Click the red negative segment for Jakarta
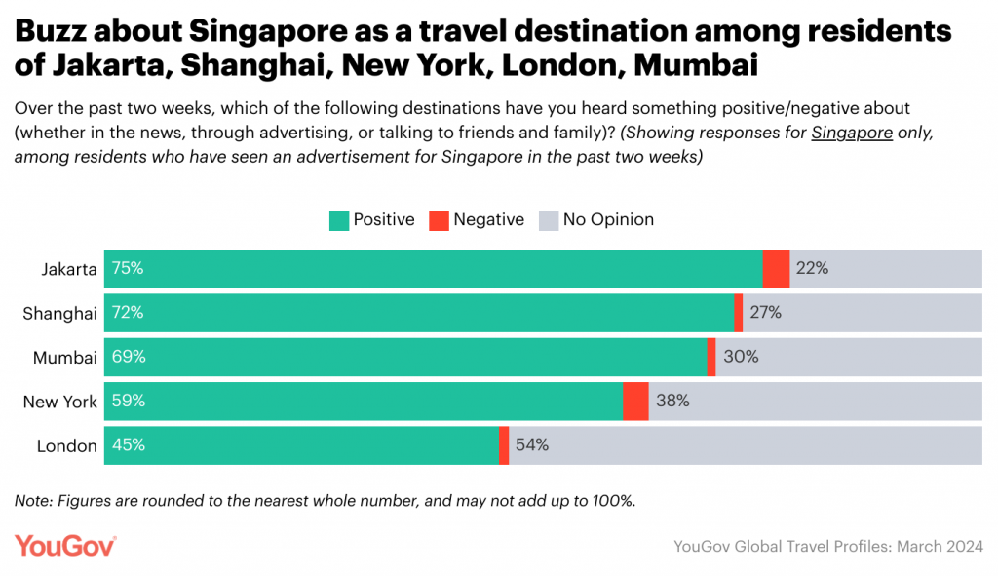(776, 269)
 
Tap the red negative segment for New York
(635, 402)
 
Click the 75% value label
(128, 269)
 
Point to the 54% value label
(532, 445)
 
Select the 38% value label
(672, 402)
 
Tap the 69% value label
(128, 358)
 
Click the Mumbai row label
(65, 358)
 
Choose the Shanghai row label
(59, 313)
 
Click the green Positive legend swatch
(338, 220)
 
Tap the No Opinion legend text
(608, 220)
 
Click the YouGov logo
(65, 547)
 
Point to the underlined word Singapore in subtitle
(852, 134)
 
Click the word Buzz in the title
(54, 32)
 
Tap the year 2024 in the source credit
(963, 547)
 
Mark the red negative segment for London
(504, 445)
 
